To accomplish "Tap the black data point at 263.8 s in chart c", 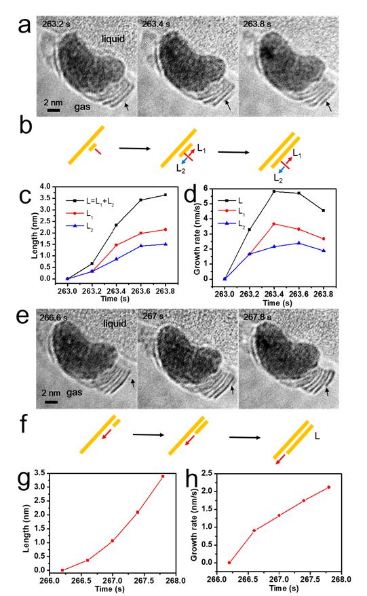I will click(x=166, y=195).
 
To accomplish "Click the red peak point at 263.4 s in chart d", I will click(x=273, y=224).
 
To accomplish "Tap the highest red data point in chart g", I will click(x=163, y=477).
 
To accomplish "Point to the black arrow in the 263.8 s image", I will click(x=329, y=107).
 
